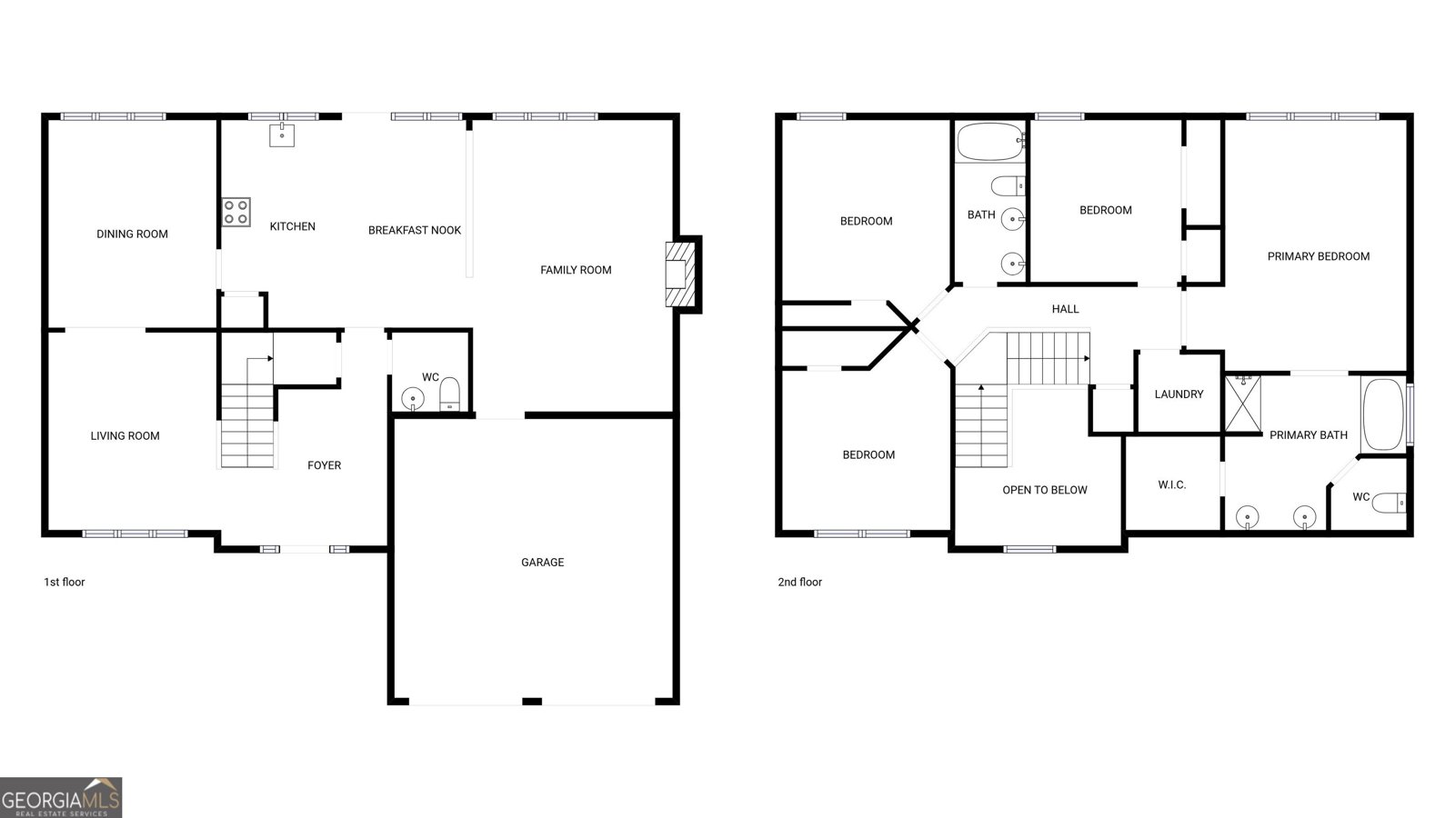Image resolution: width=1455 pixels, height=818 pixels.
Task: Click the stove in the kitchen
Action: coord(236,212)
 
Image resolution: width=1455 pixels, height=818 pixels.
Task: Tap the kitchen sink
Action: coord(282,135)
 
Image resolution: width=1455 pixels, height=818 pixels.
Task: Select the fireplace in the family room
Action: coord(680,274)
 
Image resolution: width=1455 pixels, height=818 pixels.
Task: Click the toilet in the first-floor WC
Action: coord(449,394)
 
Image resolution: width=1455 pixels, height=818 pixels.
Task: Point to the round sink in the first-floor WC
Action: coord(413,398)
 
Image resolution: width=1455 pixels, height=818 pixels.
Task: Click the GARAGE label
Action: coord(542,563)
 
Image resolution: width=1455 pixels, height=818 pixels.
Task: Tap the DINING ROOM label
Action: coord(132,234)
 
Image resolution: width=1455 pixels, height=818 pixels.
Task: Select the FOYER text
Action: coord(324,465)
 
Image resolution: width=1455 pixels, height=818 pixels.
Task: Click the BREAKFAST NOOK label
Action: coord(415,230)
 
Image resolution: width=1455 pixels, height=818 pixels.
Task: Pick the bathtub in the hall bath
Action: coord(990,142)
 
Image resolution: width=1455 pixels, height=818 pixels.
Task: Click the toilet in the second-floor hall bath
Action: coord(1007,186)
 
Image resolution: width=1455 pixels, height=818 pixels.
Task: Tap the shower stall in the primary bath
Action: coord(1243,402)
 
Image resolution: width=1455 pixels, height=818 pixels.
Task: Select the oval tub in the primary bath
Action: coord(1382,414)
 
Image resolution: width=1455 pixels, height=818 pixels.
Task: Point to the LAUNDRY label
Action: coord(1179,394)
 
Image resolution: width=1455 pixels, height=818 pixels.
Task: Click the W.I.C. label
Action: coord(1171,485)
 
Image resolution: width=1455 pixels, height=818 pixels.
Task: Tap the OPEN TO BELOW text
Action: coord(1045,490)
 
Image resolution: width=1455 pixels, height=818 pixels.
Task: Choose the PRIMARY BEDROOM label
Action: coord(1318,256)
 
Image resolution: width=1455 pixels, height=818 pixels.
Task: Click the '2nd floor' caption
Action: coord(799,582)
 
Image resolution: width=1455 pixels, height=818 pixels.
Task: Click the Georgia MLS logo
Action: coord(61,798)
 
